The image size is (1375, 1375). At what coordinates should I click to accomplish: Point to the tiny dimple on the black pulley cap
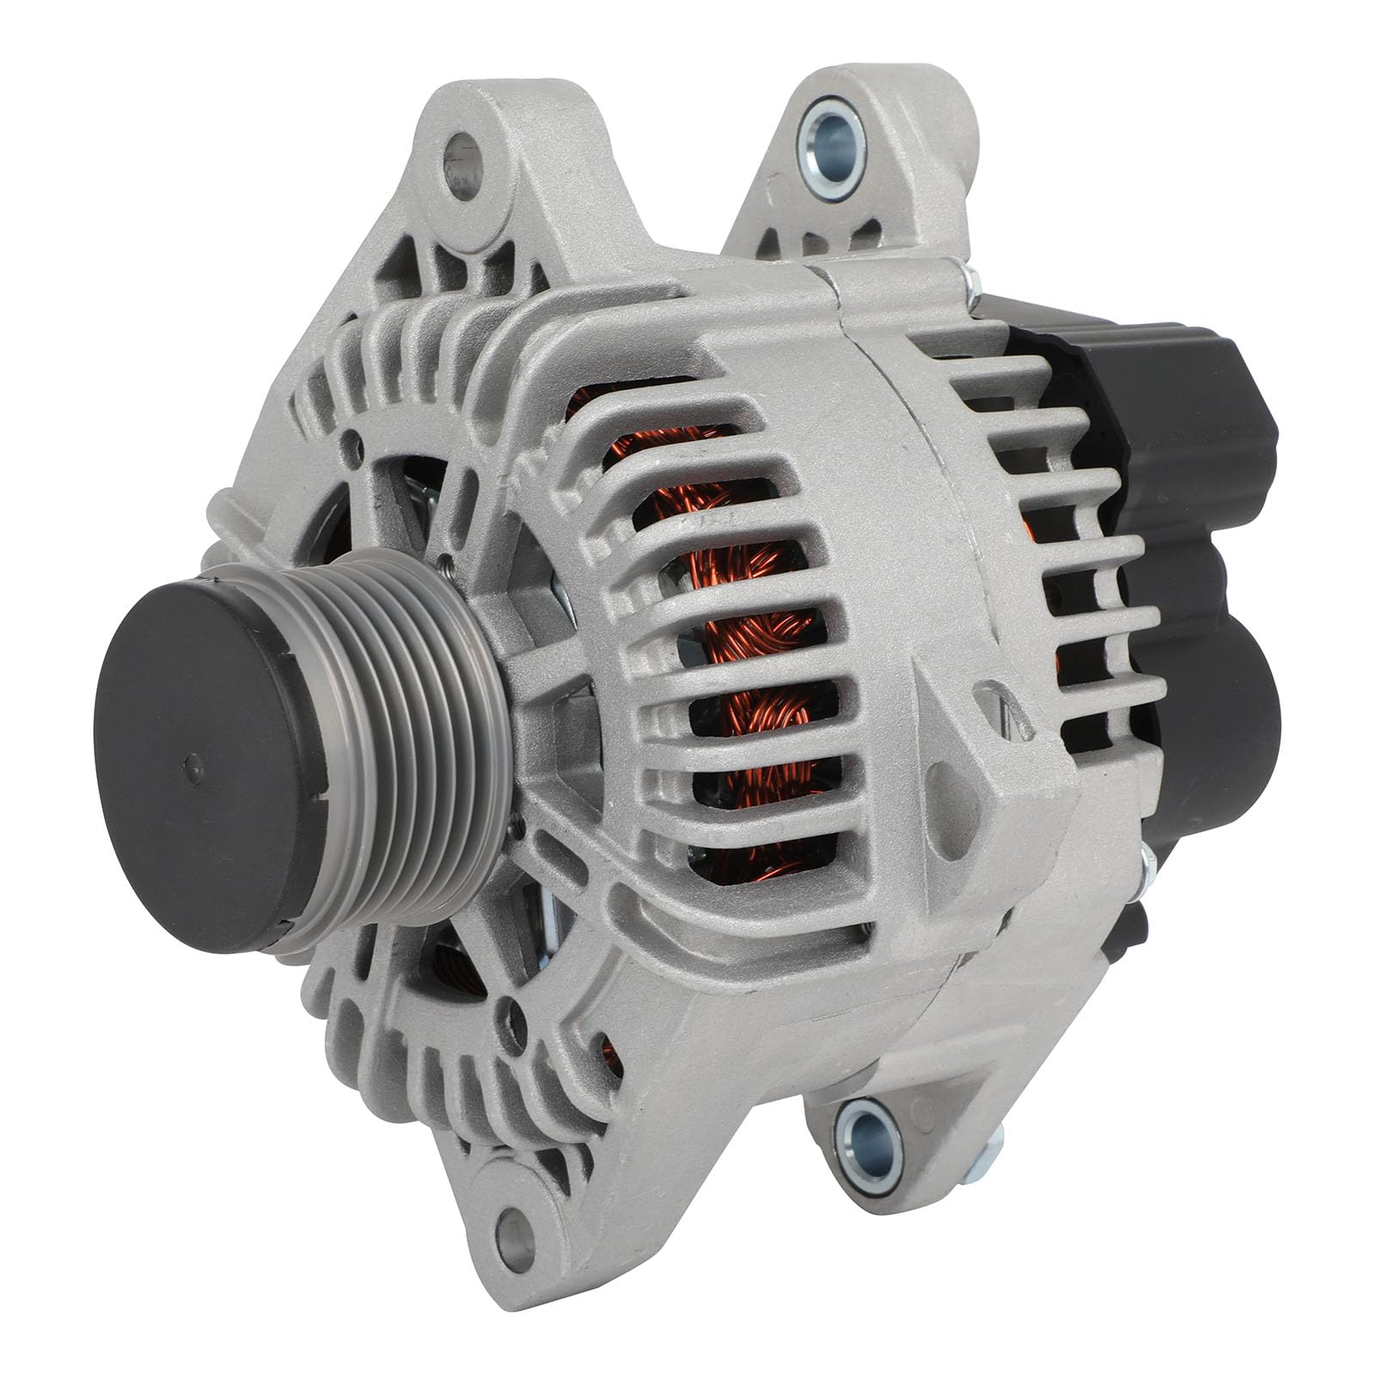194,760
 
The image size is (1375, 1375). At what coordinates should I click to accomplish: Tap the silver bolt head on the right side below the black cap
1147,868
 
